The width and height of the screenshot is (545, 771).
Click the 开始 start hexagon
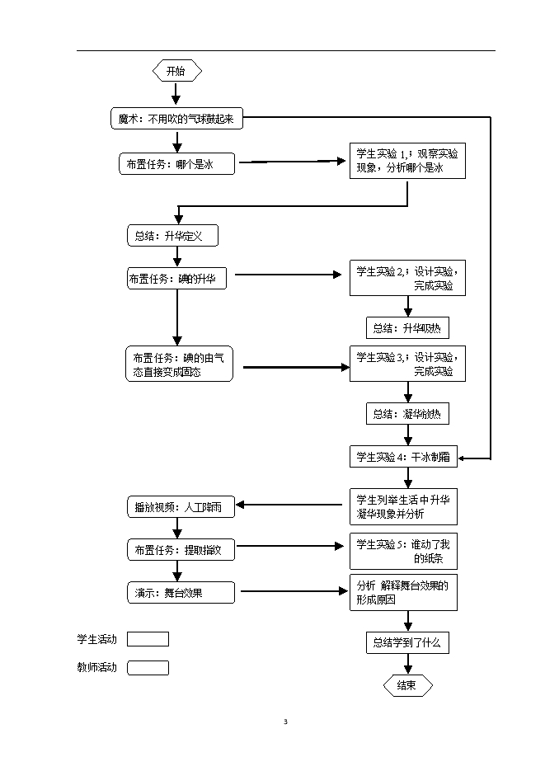click(x=176, y=71)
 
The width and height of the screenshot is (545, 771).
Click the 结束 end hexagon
click(x=406, y=685)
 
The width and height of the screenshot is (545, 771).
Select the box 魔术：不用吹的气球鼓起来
click(x=176, y=119)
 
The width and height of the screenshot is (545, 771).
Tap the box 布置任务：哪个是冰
click(x=176, y=165)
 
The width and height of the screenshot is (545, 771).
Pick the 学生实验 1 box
click(x=407, y=162)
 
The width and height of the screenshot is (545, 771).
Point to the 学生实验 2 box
click(x=407, y=279)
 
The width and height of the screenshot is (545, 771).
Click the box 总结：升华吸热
click(x=407, y=327)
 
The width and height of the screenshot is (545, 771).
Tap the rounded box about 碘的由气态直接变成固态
click(x=178, y=364)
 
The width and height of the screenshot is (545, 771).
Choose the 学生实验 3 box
click(x=407, y=364)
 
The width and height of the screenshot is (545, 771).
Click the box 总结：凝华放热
click(x=407, y=414)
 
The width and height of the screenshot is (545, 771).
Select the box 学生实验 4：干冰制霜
click(x=403, y=456)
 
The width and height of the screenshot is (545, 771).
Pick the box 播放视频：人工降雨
click(x=178, y=507)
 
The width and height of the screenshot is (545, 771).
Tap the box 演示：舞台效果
click(x=178, y=591)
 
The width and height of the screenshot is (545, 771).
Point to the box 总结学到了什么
click(x=407, y=642)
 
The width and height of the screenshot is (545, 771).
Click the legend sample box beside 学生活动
click(x=148, y=639)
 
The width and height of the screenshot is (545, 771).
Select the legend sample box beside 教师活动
click(x=148, y=668)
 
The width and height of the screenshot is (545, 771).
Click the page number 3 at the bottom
click(x=285, y=722)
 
